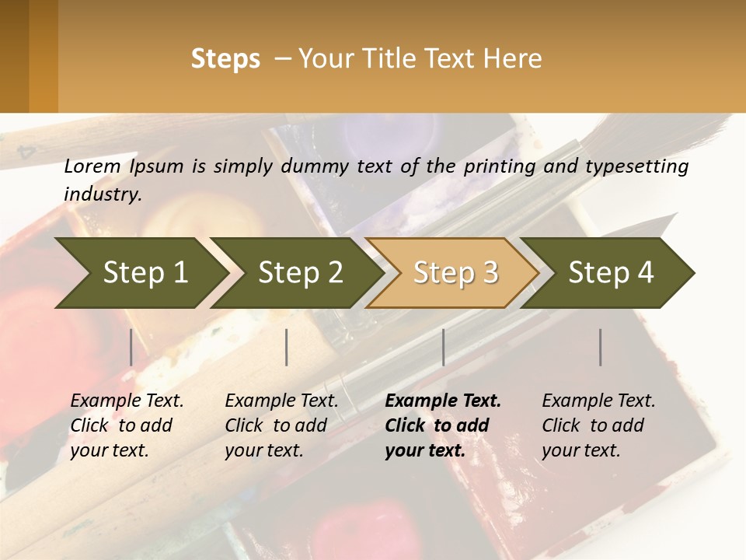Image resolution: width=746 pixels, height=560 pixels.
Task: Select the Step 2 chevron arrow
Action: coord(299,273)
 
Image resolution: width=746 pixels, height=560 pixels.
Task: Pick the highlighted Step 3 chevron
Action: coord(455,273)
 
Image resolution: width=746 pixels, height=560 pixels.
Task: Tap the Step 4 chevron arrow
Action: coord(610,273)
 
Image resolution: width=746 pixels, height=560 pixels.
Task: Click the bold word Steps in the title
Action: coord(225,59)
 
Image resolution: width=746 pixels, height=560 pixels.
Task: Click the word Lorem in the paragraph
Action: coord(92,166)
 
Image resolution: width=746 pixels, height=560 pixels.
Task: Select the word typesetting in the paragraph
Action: coord(636,166)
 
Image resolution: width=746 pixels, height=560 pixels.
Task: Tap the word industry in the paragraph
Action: coord(103,194)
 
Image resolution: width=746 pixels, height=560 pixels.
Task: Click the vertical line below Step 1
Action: coord(131,347)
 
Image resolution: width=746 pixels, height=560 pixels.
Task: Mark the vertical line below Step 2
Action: coord(287,347)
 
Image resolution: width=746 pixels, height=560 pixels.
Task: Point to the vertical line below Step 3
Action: coord(444,347)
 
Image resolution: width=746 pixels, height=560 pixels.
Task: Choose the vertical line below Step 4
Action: coord(601,347)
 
